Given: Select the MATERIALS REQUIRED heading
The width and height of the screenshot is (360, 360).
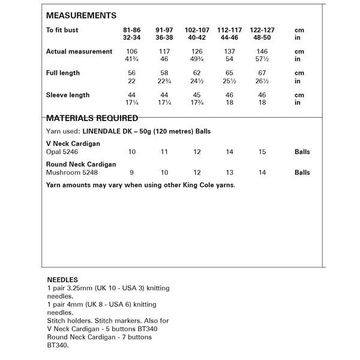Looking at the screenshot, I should pos(92,118).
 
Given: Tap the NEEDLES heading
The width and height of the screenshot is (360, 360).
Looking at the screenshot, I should pos(62,280).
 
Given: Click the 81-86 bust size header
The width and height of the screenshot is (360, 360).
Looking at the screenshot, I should pos(132,29).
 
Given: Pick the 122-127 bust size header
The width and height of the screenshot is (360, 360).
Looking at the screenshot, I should pos(262,29).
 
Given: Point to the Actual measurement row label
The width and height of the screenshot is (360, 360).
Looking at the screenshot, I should pos(79,52).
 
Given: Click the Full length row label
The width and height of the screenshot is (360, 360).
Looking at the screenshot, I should pos(63,73).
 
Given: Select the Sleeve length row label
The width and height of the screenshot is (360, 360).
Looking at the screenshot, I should pos(68,95).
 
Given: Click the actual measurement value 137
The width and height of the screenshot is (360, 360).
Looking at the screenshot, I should pos(230,52).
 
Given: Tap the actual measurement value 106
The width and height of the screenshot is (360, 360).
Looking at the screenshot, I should pos(132,52).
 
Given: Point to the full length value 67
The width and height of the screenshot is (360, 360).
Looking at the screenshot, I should pos(262,73).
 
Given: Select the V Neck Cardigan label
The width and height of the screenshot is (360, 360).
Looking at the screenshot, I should pos(73,144).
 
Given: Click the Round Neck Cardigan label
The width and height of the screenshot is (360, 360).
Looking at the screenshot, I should pos(81,164).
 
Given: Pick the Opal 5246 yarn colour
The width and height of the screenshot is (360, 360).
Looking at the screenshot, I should pos(63,152).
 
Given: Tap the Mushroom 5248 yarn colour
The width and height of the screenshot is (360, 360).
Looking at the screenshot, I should pos(71,173).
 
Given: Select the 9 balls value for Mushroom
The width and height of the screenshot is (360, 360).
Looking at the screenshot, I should pos(132,173).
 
